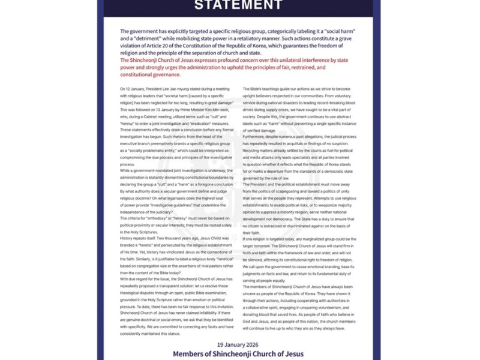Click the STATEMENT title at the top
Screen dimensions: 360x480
(239, 6)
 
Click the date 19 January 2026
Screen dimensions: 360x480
(239, 344)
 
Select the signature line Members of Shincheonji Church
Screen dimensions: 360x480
(239, 354)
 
